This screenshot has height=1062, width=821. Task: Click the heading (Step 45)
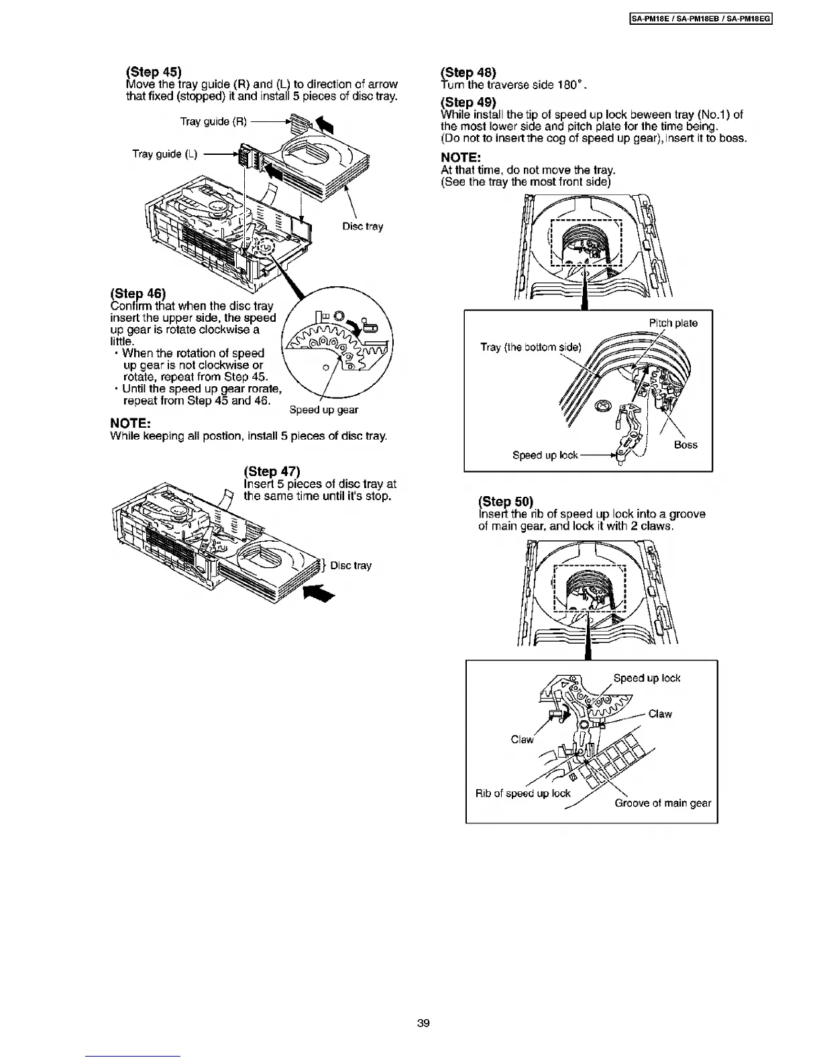click(154, 72)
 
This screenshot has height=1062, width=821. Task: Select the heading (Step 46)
click(138, 294)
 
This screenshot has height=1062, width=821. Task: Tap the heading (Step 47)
click(272, 471)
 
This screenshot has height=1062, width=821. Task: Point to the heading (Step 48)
click(468, 72)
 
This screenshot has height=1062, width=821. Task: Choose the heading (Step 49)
click(468, 102)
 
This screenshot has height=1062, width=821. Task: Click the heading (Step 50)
click(506, 501)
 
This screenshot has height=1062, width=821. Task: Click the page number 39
click(423, 1023)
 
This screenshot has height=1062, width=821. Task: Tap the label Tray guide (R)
click(213, 121)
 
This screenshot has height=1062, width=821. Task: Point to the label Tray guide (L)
click(165, 154)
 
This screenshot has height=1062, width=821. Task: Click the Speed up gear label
click(324, 410)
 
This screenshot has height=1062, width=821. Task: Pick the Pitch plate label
click(673, 323)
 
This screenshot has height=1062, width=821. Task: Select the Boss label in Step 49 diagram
click(686, 445)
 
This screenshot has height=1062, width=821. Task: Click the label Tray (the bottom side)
click(531, 347)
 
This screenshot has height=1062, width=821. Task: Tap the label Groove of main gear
click(663, 803)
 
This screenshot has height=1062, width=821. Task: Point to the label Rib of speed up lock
click(523, 793)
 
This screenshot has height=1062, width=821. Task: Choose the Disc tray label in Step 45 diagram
click(363, 227)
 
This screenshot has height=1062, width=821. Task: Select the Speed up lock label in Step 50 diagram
click(647, 678)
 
